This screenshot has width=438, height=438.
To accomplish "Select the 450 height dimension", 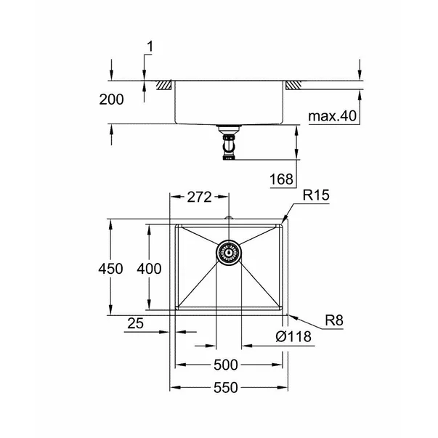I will click(x=112, y=269).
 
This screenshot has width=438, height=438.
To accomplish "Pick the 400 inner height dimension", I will click(x=148, y=269).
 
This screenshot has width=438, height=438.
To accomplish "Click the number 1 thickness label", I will click(x=150, y=47).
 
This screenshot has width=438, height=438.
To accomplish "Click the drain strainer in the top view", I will click(x=228, y=254).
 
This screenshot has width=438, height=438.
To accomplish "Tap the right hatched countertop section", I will click(x=293, y=85).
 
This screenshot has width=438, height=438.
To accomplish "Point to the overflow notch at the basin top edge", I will click(x=228, y=219).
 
